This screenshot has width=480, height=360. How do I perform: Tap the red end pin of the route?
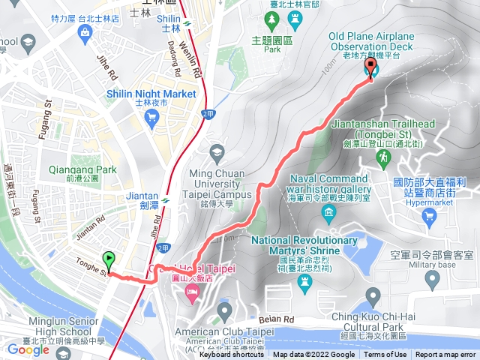click(370, 67)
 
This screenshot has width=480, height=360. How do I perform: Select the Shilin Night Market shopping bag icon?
click(153, 115)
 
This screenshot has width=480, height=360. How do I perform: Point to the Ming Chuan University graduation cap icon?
click(217, 149)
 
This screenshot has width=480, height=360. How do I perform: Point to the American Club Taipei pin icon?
click(223, 310)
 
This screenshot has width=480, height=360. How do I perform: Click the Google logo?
click(28, 349)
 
